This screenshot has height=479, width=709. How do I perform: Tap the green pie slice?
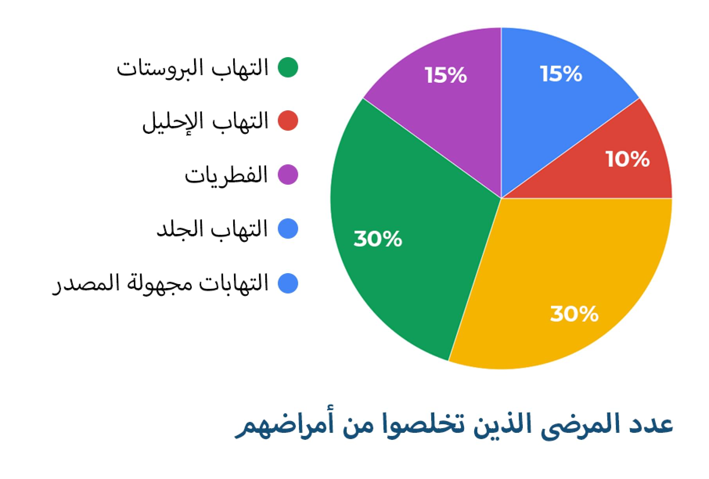tap(407, 235)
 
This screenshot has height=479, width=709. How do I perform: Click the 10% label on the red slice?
tap(628, 159)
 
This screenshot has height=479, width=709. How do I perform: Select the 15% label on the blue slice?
tap(561, 74)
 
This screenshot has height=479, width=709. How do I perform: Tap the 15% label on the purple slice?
tap(446, 75)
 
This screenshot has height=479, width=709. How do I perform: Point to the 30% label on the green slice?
tap(378, 238)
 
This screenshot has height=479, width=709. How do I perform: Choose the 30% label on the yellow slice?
tap(574, 313)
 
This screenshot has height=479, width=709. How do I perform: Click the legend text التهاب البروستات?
tap(192, 68)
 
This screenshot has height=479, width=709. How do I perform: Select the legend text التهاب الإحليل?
tap(205, 121)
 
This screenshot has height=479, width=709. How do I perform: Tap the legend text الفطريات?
tap(226, 175)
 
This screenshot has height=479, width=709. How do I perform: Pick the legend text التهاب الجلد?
tap(212, 229)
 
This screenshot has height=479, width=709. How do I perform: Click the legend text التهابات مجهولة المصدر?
tap(160, 283)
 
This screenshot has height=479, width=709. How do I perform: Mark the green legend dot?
tap(288, 67)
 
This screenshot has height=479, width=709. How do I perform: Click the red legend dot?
tap(288, 121)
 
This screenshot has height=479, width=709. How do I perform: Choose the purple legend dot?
tap(288, 175)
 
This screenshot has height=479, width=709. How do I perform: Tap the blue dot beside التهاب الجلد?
tap(288, 229)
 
